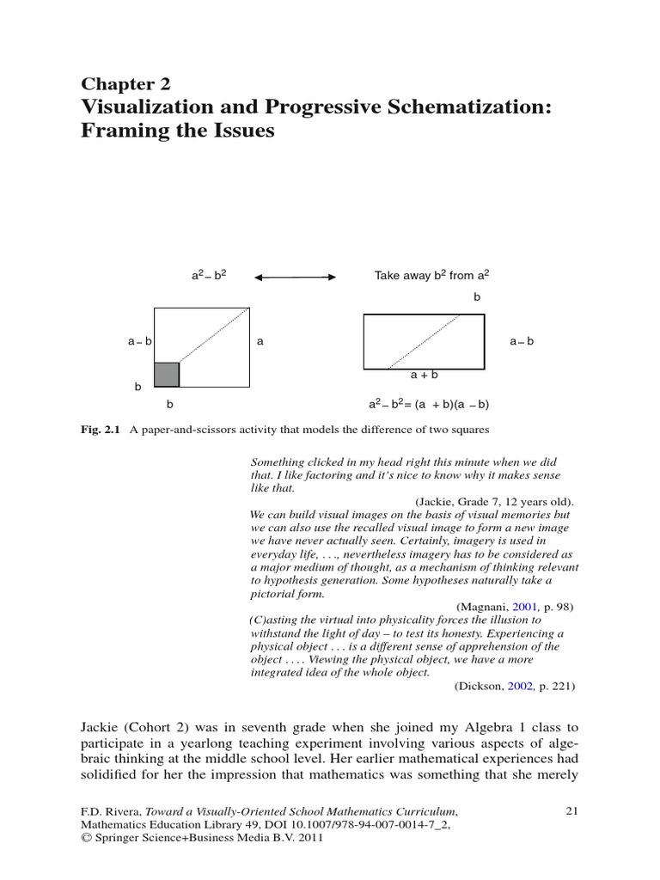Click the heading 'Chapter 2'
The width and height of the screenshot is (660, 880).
[x=125, y=84]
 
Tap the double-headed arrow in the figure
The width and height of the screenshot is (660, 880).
[x=296, y=277]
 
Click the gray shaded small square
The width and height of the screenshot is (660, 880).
[x=167, y=375]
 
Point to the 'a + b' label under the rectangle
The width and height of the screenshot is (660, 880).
[x=425, y=375]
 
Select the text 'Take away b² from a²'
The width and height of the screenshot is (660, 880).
[x=432, y=276]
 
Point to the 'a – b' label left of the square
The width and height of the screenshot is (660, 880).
[x=140, y=341]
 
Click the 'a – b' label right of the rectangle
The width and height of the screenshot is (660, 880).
[x=522, y=341]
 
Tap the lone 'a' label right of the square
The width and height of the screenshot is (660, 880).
[x=259, y=341]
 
